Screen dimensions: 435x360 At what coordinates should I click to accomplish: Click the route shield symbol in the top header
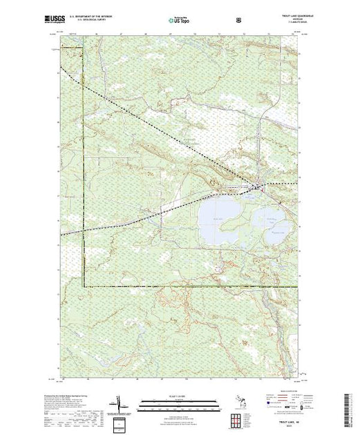tap(239, 19)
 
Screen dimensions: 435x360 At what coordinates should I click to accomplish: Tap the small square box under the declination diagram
tap(118, 422)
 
